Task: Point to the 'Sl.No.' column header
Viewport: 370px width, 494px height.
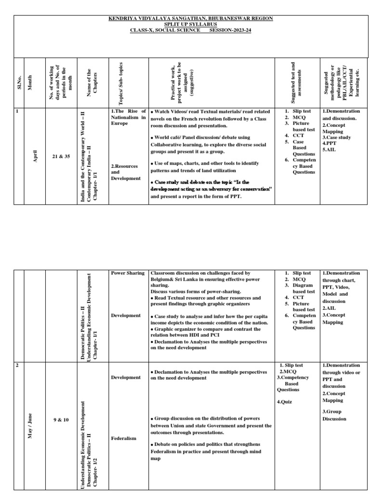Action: coord(19,78)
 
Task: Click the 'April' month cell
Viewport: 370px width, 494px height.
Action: coord(35,157)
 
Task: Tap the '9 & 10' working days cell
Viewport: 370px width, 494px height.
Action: coord(61,420)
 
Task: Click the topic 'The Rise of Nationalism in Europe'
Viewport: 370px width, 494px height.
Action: coord(128,117)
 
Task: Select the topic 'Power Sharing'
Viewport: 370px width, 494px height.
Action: coord(128,273)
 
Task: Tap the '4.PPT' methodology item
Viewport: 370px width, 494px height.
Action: coord(330,143)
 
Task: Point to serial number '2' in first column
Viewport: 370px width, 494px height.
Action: coord(17,366)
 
